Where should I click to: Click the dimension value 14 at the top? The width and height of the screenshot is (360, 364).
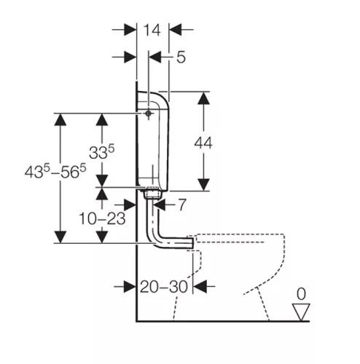[x=152, y=30]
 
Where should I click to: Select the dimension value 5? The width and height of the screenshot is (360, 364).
[x=181, y=58]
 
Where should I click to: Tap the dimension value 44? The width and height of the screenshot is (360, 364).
[x=203, y=143]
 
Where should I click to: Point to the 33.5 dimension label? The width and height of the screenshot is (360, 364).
[x=101, y=151]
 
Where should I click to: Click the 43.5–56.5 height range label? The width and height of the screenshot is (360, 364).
[x=55, y=171]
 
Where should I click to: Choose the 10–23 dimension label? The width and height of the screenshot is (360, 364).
[x=102, y=218]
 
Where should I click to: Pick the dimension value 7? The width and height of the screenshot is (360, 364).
[x=182, y=205]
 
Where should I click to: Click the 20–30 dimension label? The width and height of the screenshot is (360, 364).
[x=164, y=287]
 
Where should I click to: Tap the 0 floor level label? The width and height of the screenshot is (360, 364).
[x=301, y=294]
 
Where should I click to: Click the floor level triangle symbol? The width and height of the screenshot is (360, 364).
[x=301, y=312]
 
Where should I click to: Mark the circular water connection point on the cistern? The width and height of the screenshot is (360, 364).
[x=148, y=114]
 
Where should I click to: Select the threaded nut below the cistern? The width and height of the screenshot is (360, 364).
[x=152, y=194]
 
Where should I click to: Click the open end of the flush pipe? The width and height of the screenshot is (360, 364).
[x=193, y=243]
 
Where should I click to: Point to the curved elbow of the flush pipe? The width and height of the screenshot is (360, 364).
[x=157, y=241]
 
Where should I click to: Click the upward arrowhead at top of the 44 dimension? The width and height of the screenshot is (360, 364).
[x=203, y=98]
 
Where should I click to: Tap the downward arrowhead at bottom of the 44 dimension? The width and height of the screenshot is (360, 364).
[x=203, y=184]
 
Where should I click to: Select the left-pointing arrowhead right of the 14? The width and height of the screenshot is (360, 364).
[x=176, y=30]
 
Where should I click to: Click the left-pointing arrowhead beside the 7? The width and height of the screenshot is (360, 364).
[x=160, y=205]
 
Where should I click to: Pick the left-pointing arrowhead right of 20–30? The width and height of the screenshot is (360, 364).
[x=200, y=287]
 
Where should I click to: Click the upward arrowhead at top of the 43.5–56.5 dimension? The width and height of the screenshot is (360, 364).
[x=60, y=119]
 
